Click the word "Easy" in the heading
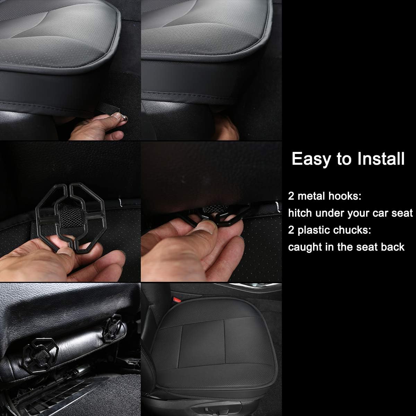click(x=311, y=159)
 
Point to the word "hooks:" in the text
click(x=345, y=196)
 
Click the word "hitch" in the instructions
click(x=300, y=213)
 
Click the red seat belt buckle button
click(x=177, y=300)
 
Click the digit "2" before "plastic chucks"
click(x=291, y=230)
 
